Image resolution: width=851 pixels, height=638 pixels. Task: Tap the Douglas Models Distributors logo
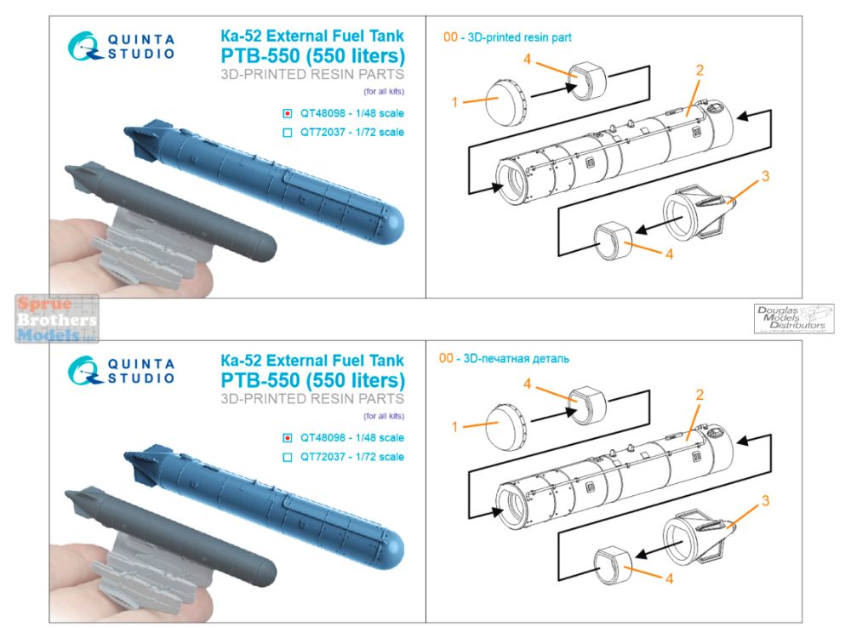click(793, 318)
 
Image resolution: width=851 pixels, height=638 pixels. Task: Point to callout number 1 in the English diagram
click(455, 101)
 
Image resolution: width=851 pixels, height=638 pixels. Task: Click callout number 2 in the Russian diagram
click(699, 395)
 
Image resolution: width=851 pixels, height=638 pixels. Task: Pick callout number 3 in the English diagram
click(765, 176)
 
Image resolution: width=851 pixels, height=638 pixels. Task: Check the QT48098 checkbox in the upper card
click(288, 113)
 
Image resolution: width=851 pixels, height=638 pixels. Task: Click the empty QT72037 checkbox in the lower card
click(288, 457)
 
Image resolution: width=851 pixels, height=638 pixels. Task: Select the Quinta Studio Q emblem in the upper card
click(83, 45)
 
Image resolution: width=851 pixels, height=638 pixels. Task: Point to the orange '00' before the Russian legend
click(447, 359)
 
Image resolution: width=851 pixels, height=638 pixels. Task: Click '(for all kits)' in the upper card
click(383, 91)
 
